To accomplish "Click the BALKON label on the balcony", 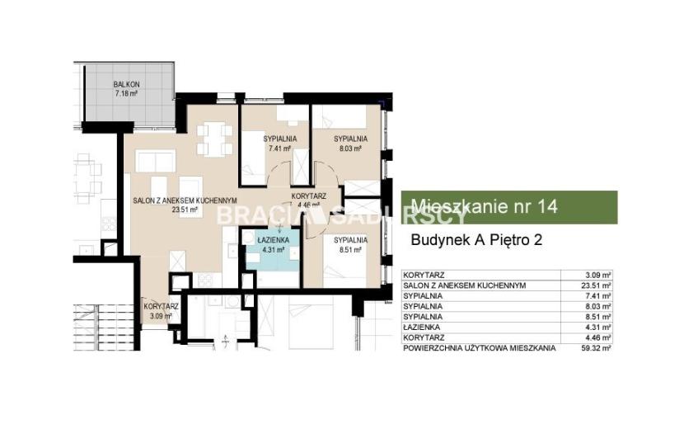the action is (x=127, y=84).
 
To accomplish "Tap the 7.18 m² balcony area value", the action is (x=127, y=93).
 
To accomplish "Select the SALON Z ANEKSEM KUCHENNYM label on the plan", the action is (x=185, y=200).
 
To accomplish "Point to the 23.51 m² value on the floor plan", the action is (x=185, y=210).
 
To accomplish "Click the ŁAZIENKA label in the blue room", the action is (x=273, y=240).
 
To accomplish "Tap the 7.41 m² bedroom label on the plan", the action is (x=279, y=148).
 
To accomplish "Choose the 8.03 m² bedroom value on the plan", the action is (x=350, y=148).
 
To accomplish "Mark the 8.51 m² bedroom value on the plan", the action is (x=350, y=249).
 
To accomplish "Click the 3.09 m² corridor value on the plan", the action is (x=161, y=315).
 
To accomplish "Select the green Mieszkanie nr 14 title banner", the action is (x=509, y=207).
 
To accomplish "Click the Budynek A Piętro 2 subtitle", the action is (x=477, y=240).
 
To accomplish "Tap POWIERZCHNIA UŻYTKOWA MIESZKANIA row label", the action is (x=480, y=348).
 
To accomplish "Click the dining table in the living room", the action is (x=214, y=139).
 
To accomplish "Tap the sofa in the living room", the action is (x=155, y=160).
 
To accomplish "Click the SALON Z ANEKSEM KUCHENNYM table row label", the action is (x=465, y=285).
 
